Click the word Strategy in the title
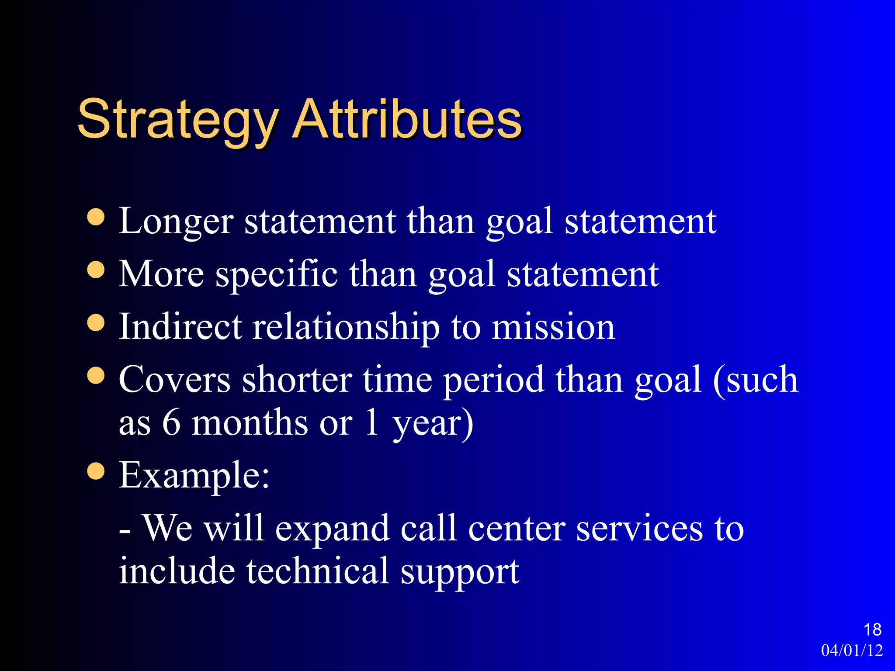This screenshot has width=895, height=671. click(177, 120)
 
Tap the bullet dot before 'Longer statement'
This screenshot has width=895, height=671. click(96, 217)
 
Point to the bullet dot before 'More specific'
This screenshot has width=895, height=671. click(96, 270)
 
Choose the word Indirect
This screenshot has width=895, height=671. click(180, 327)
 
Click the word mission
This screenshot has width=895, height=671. click(553, 328)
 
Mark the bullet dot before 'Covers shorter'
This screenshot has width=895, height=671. click(96, 375)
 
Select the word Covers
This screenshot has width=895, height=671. click(174, 380)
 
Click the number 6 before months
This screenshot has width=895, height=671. click(171, 422)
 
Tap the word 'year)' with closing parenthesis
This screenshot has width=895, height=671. click(433, 424)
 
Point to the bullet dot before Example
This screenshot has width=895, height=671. click(96, 471)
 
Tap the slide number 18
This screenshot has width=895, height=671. click(872, 629)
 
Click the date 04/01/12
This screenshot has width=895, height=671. click(852, 650)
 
